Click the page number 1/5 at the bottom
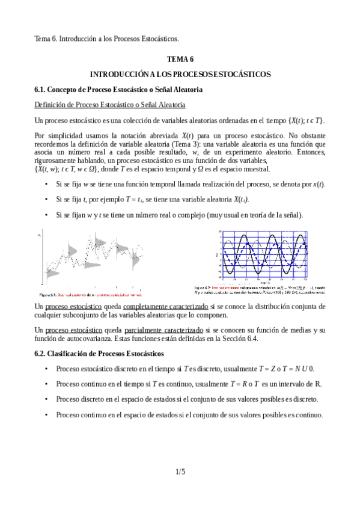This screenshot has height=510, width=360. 180,472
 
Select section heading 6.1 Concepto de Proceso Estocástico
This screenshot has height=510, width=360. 118,90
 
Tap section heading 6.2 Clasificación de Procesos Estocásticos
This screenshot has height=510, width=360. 99,353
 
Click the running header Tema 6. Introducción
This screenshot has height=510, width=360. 106,39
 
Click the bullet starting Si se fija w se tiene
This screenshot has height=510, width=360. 190,184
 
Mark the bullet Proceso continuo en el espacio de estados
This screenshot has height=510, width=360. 189,415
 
